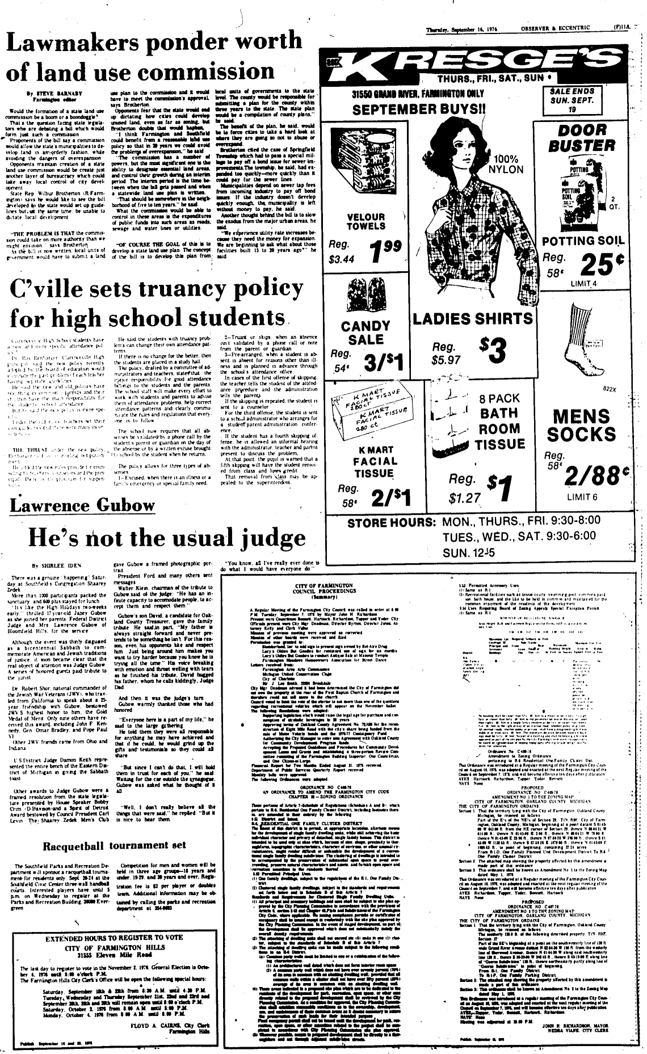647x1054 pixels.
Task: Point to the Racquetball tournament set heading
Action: click(x=115, y=845)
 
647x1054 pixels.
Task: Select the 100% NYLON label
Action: click(x=509, y=164)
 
